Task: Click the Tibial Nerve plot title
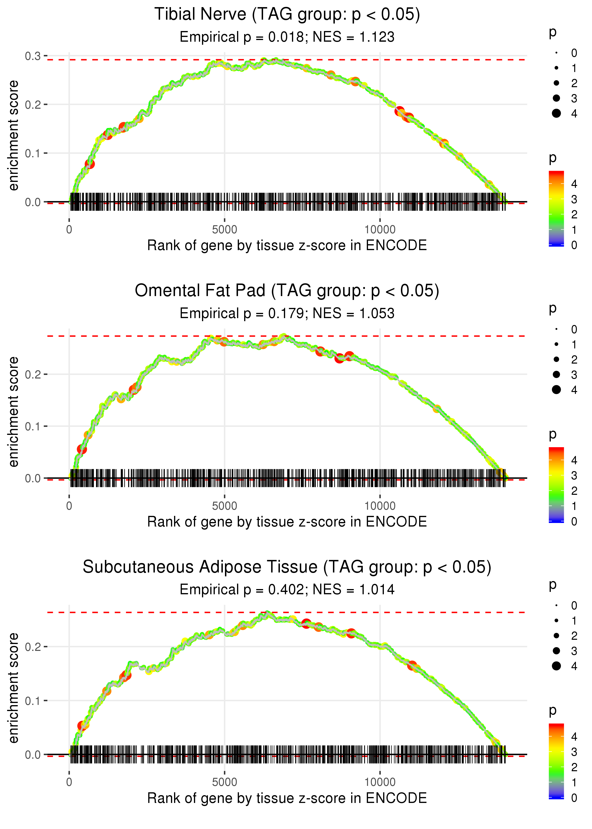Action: point(287,15)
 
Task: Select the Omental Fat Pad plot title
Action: point(287,291)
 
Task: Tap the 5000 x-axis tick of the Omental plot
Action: point(224,506)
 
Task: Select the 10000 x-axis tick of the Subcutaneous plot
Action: point(380,782)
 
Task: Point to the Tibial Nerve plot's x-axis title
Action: point(287,245)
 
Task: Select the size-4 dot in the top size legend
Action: point(556,113)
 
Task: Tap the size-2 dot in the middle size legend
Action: point(556,360)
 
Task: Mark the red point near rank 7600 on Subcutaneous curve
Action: point(306,623)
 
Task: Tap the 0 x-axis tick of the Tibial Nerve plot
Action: point(69,230)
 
